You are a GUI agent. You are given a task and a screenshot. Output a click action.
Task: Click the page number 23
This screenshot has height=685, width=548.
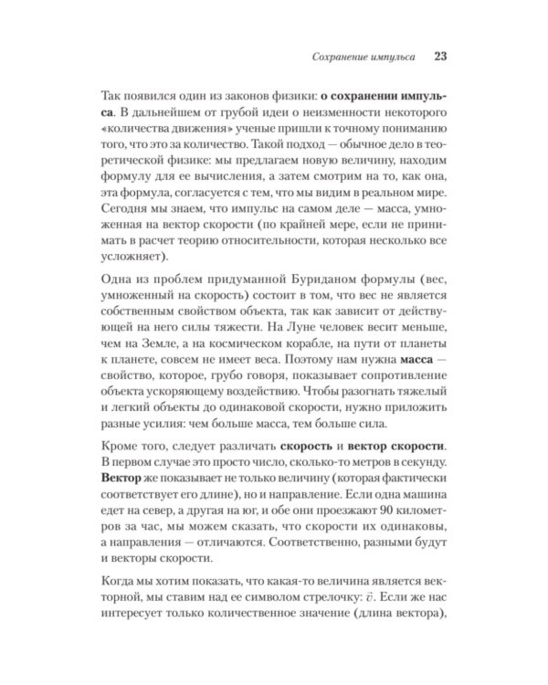pyautogui.click(x=438, y=56)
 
